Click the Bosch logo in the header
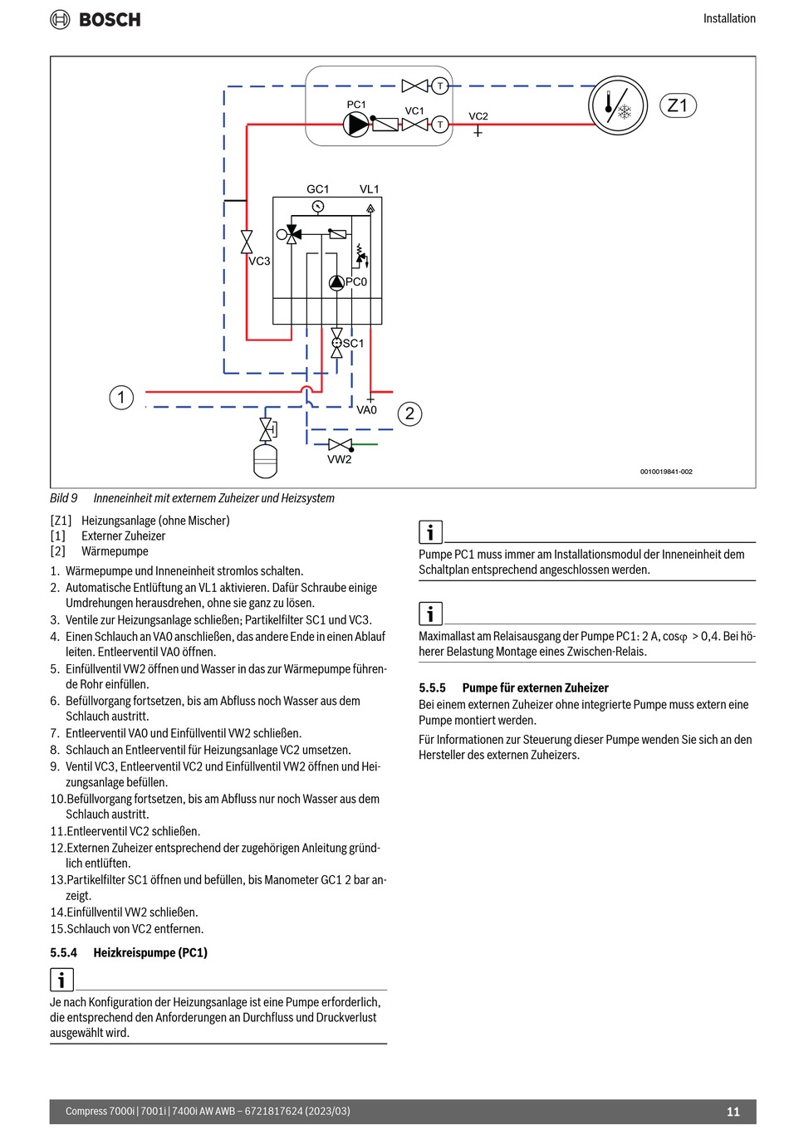tap(96, 19)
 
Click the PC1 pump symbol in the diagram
tap(355, 125)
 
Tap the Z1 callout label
tap(678, 105)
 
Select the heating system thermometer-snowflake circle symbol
tap(617, 107)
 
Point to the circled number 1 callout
tap(121, 397)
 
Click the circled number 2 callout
tap(409, 413)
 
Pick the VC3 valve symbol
tap(247, 242)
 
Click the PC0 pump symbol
tap(336, 282)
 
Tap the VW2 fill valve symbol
tap(340, 445)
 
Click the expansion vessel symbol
tap(265, 461)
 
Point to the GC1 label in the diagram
tap(317, 189)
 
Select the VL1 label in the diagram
tap(369, 189)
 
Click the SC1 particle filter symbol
tap(336, 343)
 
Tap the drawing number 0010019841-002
tap(666, 472)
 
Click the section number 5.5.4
tap(63, 952)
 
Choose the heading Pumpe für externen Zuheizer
tap(535, 687)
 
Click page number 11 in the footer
tap(733, 1112)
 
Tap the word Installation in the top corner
tap(729, 18)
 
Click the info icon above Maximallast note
tap(430, 614)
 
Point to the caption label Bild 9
tap(64, 498)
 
